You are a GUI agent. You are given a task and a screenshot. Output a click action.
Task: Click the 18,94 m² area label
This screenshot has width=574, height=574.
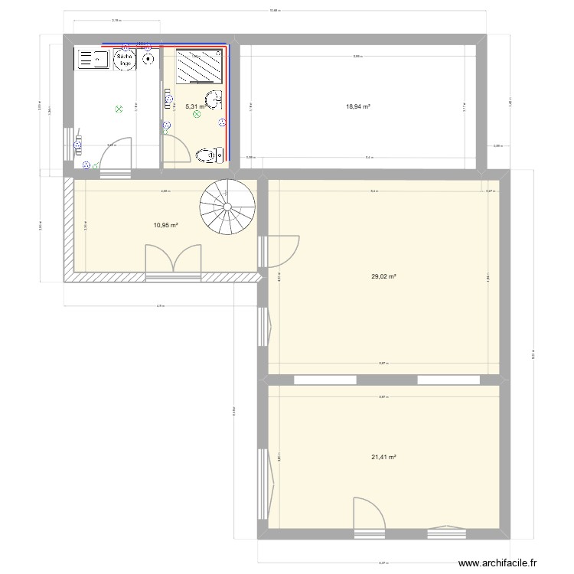coord(358,107)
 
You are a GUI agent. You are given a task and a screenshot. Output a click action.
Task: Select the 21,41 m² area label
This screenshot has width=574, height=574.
coord(383,457)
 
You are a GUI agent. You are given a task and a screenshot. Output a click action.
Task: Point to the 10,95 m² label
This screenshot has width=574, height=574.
coord(165,225)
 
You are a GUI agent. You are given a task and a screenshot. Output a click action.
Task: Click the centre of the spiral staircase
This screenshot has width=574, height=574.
coord(227,206)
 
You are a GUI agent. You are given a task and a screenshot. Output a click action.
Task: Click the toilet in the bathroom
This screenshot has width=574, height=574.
coord(208,155)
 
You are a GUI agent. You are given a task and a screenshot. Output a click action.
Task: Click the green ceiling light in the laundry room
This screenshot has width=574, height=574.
coord(119,109)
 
